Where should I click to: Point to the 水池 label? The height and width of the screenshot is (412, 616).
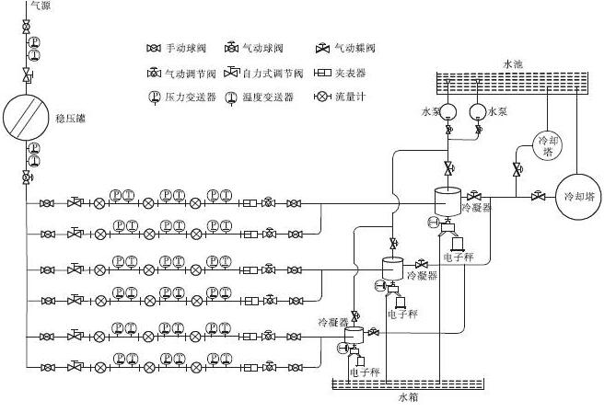[514, 63]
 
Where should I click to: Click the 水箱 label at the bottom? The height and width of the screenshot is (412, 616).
[408, 398]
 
